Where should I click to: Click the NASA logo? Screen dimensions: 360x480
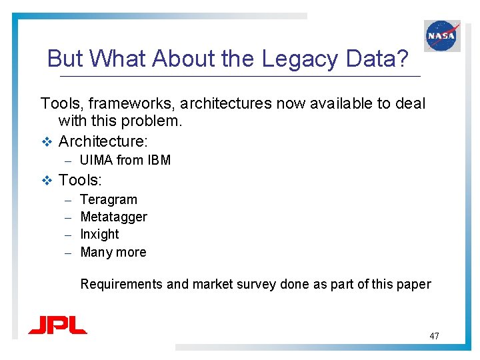442,35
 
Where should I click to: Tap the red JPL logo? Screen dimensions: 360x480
57,325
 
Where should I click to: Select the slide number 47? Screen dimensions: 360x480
434,336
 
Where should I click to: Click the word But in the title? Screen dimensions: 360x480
65,59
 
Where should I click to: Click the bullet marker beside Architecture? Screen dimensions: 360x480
46,141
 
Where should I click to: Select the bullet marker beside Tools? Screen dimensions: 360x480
46,180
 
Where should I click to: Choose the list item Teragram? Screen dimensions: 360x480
109,199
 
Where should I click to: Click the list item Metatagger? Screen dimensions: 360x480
113,217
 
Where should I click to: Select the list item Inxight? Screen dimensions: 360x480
99,234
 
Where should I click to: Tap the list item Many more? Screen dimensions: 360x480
113,252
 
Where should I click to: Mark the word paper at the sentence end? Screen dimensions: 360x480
413,285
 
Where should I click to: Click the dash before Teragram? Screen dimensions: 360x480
67,200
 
